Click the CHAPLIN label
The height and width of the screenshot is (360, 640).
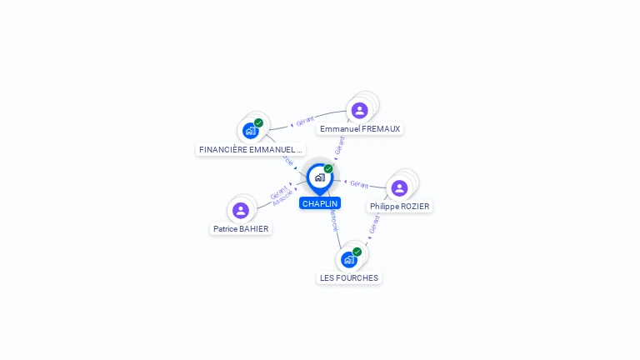320,203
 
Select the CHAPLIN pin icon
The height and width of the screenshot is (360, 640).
319,177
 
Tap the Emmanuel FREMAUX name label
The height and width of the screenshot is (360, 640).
360,129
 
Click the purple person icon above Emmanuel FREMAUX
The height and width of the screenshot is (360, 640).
359,110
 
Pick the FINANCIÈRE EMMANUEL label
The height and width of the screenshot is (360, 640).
250,150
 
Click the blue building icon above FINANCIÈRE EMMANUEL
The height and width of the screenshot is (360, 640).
250,131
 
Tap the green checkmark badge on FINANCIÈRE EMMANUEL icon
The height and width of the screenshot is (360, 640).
258,122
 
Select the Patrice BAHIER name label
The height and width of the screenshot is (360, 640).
241,228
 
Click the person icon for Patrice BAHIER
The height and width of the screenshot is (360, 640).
241,210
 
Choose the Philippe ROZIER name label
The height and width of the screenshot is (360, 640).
400,206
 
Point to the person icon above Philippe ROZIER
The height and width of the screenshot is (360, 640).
399,187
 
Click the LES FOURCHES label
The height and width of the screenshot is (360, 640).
349,277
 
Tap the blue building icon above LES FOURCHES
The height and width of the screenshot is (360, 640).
348,259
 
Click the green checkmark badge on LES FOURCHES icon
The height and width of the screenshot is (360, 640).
357,252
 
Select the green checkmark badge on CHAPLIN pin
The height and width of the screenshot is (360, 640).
328,168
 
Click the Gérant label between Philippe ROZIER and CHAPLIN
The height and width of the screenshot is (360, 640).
359,184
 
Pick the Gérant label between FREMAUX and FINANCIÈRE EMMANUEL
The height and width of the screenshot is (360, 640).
305,122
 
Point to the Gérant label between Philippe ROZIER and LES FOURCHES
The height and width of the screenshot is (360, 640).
374,223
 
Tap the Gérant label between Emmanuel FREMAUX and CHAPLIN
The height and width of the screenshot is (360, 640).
339,146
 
